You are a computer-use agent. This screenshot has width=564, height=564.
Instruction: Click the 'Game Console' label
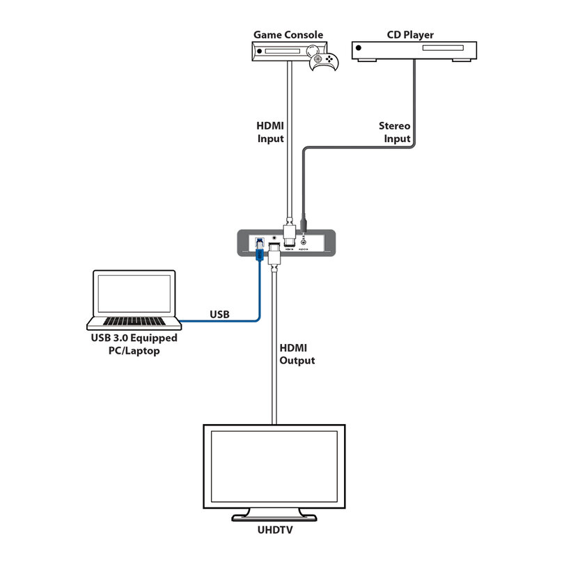(x=288, y=34)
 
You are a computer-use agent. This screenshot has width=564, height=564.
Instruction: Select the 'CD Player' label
(x=410, y=34)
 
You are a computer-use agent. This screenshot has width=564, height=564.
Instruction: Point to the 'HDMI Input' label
(x=270, y=132)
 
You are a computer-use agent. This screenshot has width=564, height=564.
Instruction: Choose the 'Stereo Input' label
(x=394, y=132)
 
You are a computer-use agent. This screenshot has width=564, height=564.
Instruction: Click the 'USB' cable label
(x=219, y=314)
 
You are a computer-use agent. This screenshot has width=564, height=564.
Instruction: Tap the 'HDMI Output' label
(x=297, y=354)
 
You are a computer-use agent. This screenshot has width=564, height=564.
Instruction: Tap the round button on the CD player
(x=359, y=49)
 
